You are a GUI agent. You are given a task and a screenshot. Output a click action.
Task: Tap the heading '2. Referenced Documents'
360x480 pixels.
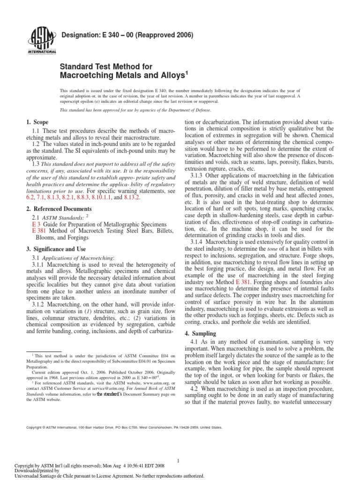click(x=59, y=208)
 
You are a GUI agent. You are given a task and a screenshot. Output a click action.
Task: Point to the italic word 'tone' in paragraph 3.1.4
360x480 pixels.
click(x=255, y=248)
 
